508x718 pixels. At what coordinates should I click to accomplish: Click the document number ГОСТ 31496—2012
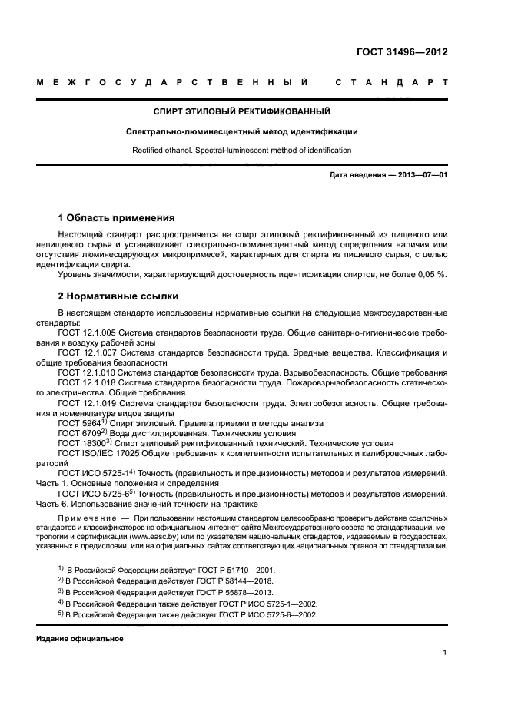402,52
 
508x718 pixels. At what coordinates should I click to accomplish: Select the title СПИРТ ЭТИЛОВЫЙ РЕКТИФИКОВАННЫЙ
242,111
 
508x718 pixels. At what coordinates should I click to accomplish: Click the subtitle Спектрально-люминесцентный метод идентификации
242,131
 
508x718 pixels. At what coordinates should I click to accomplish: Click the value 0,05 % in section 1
433,275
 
